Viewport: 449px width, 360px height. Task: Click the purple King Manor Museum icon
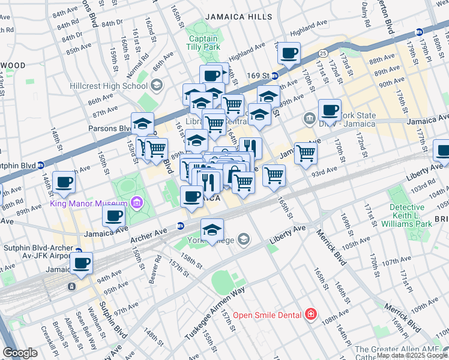click(x=137, y=203)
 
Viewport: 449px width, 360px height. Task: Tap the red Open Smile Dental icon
click(x=310, y=314)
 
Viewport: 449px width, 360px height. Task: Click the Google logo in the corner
click(x=20, y=352)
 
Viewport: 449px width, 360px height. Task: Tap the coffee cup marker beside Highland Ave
click(x=289, y=53)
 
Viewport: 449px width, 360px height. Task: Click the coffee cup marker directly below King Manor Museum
click(x=114, y=216)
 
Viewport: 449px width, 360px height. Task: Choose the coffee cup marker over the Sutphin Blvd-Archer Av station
click(x=82, y=262)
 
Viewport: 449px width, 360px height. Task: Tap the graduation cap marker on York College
click(x=212, y=230)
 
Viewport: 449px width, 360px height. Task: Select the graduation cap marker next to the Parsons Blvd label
click(x=142, y=123)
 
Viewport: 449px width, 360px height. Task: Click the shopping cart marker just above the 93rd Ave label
click(x=274, y=175)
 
